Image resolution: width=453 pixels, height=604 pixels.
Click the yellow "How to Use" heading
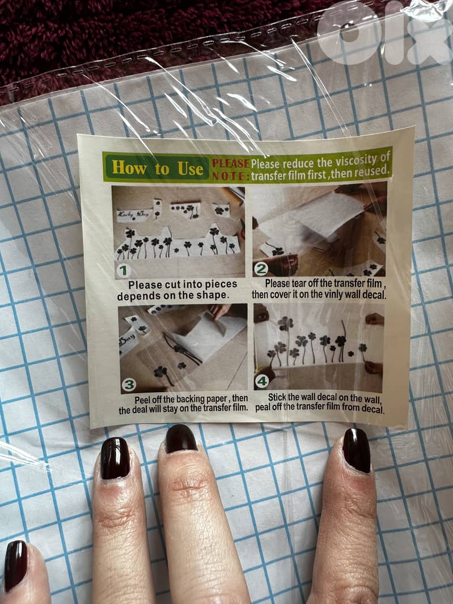(x=157, y=168)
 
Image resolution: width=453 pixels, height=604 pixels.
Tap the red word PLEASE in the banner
(x=231, y=164)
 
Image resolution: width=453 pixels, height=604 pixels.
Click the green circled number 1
(x=124, y=271)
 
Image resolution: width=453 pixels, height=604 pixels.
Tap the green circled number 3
(x=129, y=384)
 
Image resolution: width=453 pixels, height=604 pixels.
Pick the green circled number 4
(x=262, y=381)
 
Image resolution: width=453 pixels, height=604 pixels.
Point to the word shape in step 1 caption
(x=213, y=295)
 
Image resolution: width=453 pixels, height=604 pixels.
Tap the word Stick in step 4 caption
(x=277, y=397)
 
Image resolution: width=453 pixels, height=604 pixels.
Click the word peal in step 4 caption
(x=263, y=407)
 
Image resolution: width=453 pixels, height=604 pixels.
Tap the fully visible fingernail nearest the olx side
(x=357, y=450)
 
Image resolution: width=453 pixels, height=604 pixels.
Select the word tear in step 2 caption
(x=298, y=283)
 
